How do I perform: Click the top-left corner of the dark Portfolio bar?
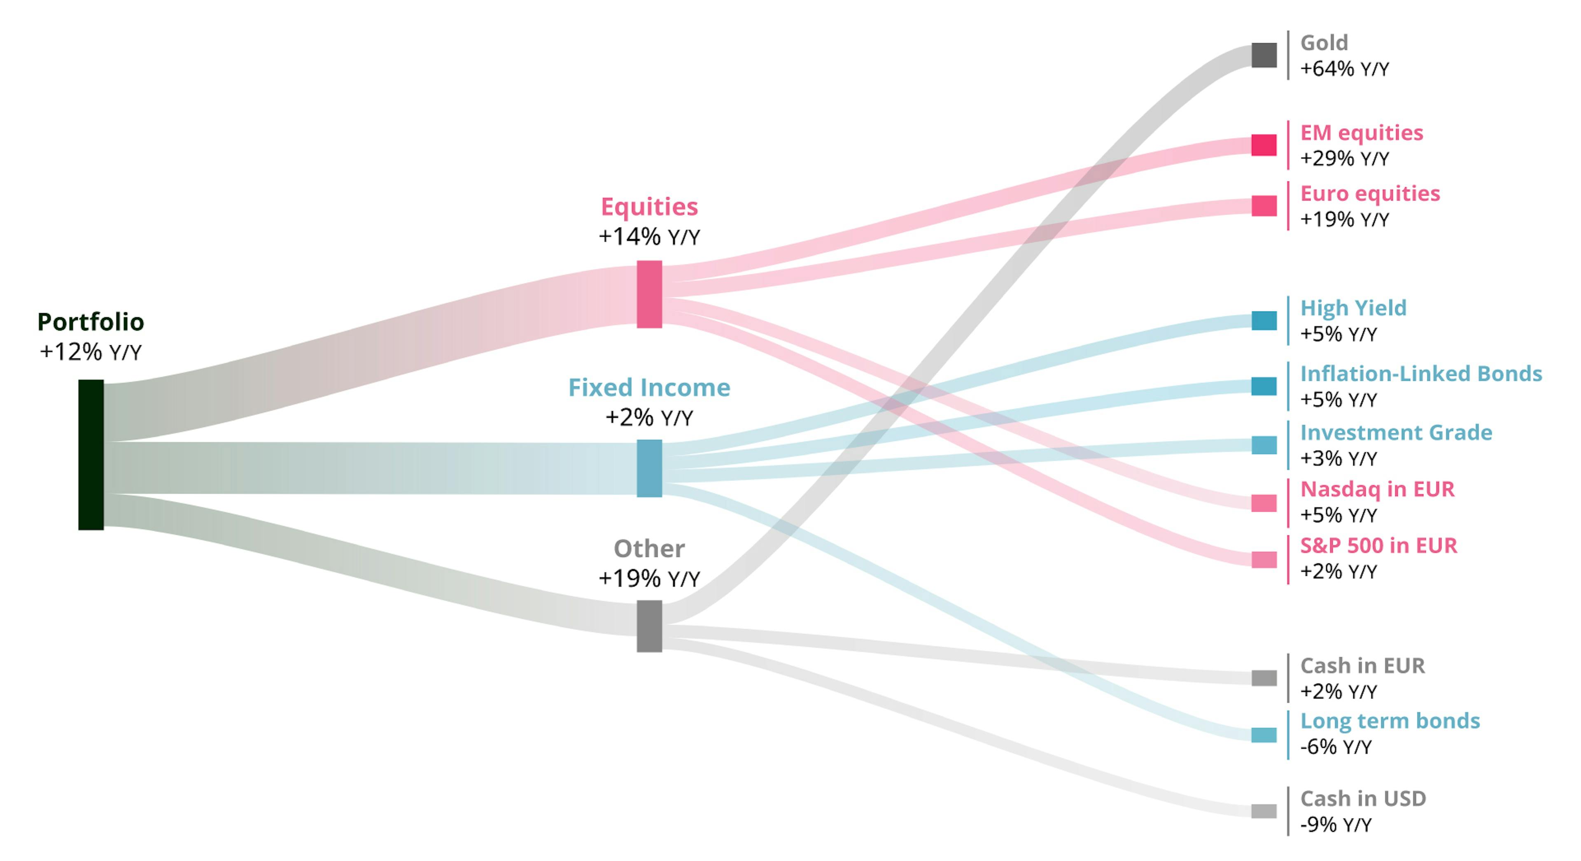click(x=79, y=380)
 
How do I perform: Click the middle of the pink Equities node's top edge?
click(x=649, y=261)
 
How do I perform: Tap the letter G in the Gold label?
click(x=1308, y=43)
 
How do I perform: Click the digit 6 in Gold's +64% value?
click(x=1321, y=69)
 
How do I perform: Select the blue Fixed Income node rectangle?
click(x=649, y=468)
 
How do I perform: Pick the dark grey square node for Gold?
click(x=1264, y=55)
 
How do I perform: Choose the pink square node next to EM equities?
click(x=1264, y=145)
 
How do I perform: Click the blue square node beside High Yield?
click(x=1264, y=320)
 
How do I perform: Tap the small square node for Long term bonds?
click(x=1264, y=735)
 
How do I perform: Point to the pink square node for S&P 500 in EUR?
click(x=1264, y=560)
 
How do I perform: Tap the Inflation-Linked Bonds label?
click(x=1421, y=373)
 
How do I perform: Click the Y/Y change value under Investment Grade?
click(x=1338, y=458)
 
